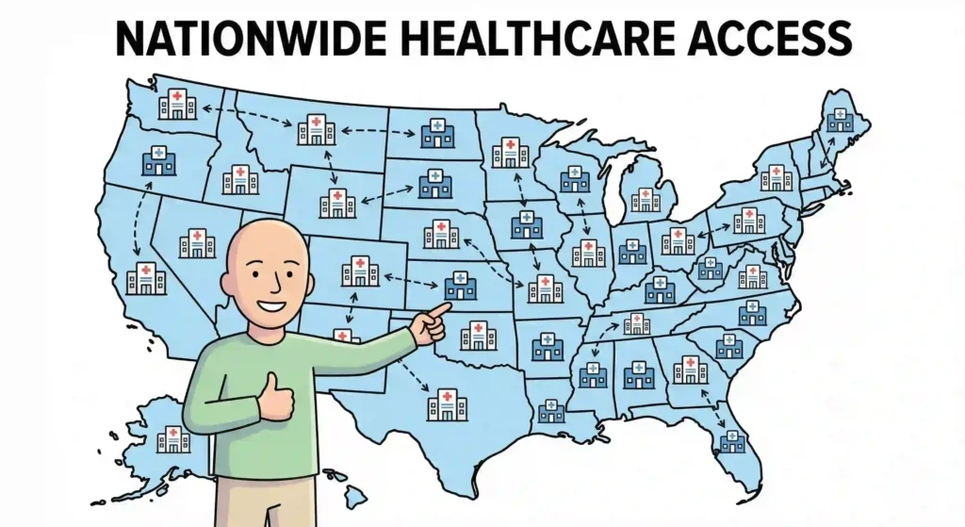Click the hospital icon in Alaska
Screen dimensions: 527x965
click(173, 438)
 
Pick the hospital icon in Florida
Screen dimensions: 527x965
click(732, 440)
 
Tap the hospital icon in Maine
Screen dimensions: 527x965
click(839, 119)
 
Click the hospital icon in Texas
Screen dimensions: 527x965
click(447, 404)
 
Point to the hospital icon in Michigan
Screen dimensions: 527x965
click(646, 198)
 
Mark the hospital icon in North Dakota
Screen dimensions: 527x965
click(436, 133)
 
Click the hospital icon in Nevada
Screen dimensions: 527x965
click(197, 242)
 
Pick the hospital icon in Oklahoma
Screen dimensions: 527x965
click(478, 335)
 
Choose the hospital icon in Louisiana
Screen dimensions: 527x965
click(551, 410)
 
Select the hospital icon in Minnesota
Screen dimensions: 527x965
click(510, 152)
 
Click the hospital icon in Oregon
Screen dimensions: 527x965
click(157, 161)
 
